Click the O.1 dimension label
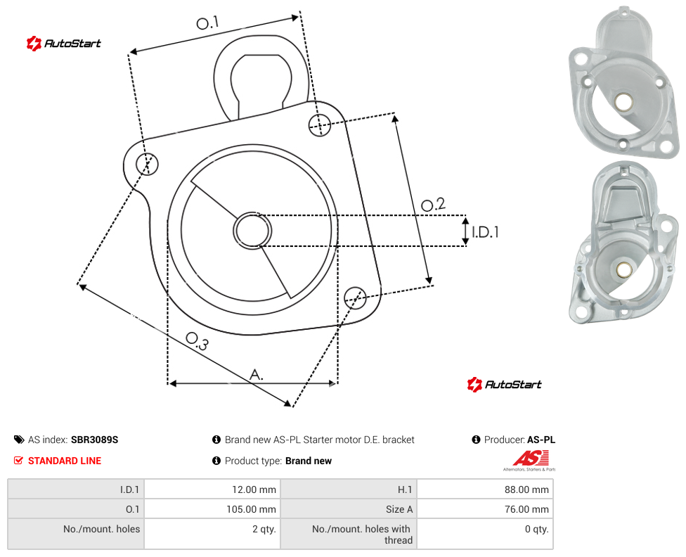pyautogui.click(x=207, y=23)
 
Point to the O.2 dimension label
pyautogui.click(x=433, y=204)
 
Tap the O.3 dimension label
pyautogui.click(x=197, y=341)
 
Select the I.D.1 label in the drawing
pyautogui.click(x=485, y=231)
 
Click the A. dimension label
pyautogui.click(x=257, y=374)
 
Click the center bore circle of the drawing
pyautogui.click(x=252, y=231)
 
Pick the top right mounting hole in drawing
pyautogui.click(x=320, y=124)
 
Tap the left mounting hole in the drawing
pyautogui.click(x=147, y=164)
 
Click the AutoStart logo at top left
pyautogui.click(x=64, y=44)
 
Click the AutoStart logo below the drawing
pyautogui.click(x=505, y=385)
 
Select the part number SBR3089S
pyautogui.click(x=94, y=440)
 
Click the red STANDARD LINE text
pyautogui.click(x=65, y=461)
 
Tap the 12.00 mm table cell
pyautogui.click(x=212, y=489)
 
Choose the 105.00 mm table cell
pyautogui.click(x=212, y=509)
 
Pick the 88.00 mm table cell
pyautogui.click(x=485, y=489)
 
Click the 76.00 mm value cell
pyautogui.click(x=485, y=509)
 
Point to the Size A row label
pyautogui.click(x=399, y=509)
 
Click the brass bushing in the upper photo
pyautogui.click(x=623, y=101)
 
